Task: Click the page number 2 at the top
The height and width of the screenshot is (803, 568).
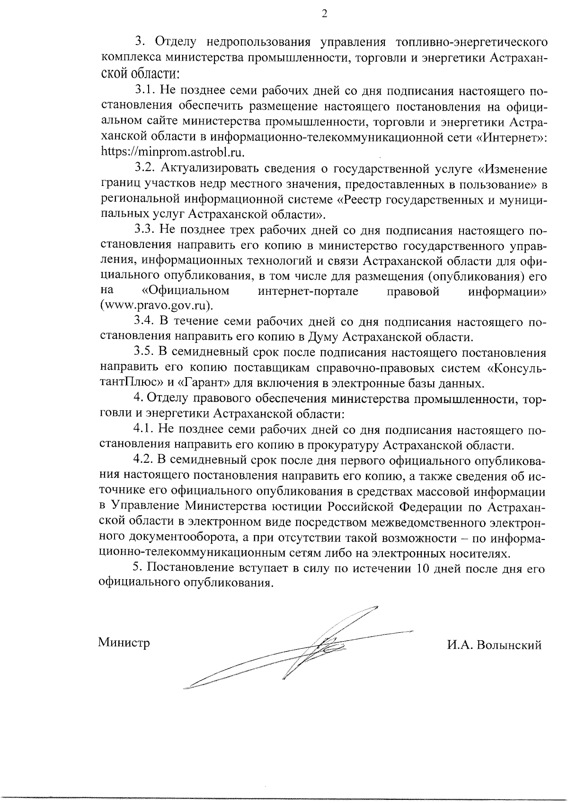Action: pyautogui.click(x=324, y=14)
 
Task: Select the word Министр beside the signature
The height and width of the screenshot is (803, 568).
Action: pyautogui.click(x=124, y=643)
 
